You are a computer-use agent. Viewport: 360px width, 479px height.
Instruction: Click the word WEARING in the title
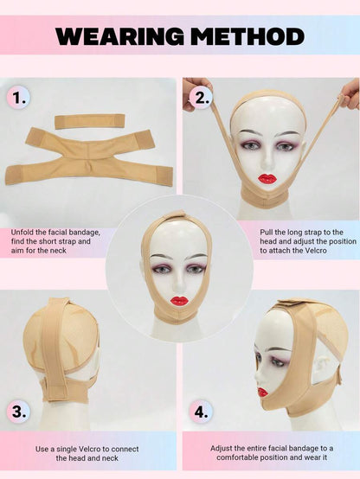click(120, 36)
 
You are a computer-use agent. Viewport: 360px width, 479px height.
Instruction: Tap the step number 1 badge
click(18, 98)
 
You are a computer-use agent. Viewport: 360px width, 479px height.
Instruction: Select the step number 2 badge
click(200, 98)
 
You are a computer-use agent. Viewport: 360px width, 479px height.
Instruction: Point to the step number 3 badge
click(19, 412)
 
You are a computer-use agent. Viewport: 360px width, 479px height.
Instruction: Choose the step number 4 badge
click(201, 412)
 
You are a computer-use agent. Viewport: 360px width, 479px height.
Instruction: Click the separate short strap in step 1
click(90, 121)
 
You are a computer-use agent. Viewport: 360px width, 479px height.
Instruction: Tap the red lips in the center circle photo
click(179, 301)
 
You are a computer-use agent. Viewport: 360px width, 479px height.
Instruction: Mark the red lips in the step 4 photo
click(262, 392)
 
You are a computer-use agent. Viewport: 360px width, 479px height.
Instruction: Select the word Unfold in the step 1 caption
click(22, 233)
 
